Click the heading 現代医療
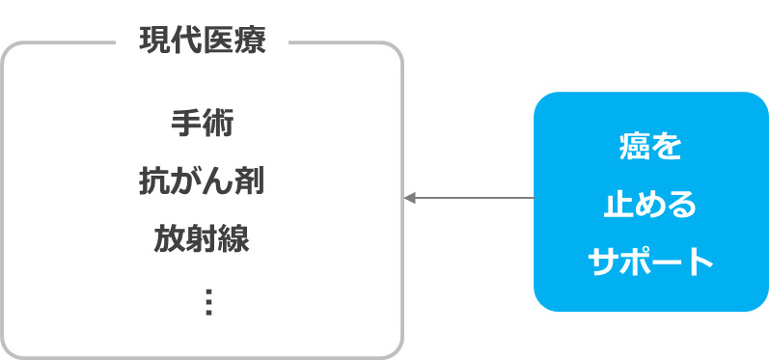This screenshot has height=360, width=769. pos(202,42)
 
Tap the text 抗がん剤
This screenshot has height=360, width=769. pos(202,180)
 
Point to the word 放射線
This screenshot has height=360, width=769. pos(202,238)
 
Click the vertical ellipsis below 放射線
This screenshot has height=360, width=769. pos(208,301)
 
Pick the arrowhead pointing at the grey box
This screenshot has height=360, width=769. pos(409,198)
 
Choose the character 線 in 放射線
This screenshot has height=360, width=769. pos(233,238)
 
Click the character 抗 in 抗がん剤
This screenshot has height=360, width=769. pos(154,180)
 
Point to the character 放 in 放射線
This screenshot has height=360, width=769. pos(170,238)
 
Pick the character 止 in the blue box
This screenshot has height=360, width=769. pos(618,204)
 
